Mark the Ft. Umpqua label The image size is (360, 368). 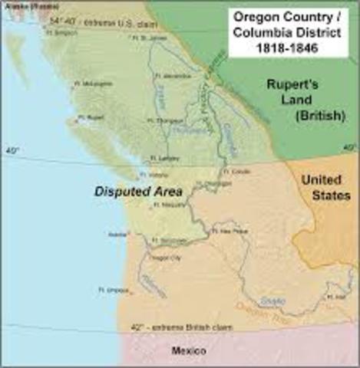[x=111, y=290]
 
